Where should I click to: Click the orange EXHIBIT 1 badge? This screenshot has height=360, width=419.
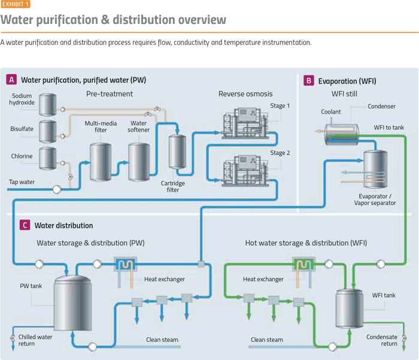click(14, 4)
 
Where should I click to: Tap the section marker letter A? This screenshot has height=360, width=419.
click(11, 80)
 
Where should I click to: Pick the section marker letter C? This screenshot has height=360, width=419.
click(25, 225)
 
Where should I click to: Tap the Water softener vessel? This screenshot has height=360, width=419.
click(139, 161)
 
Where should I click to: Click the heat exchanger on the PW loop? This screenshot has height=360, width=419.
click(126, 265)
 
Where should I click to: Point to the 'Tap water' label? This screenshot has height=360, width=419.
click(21, 181)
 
